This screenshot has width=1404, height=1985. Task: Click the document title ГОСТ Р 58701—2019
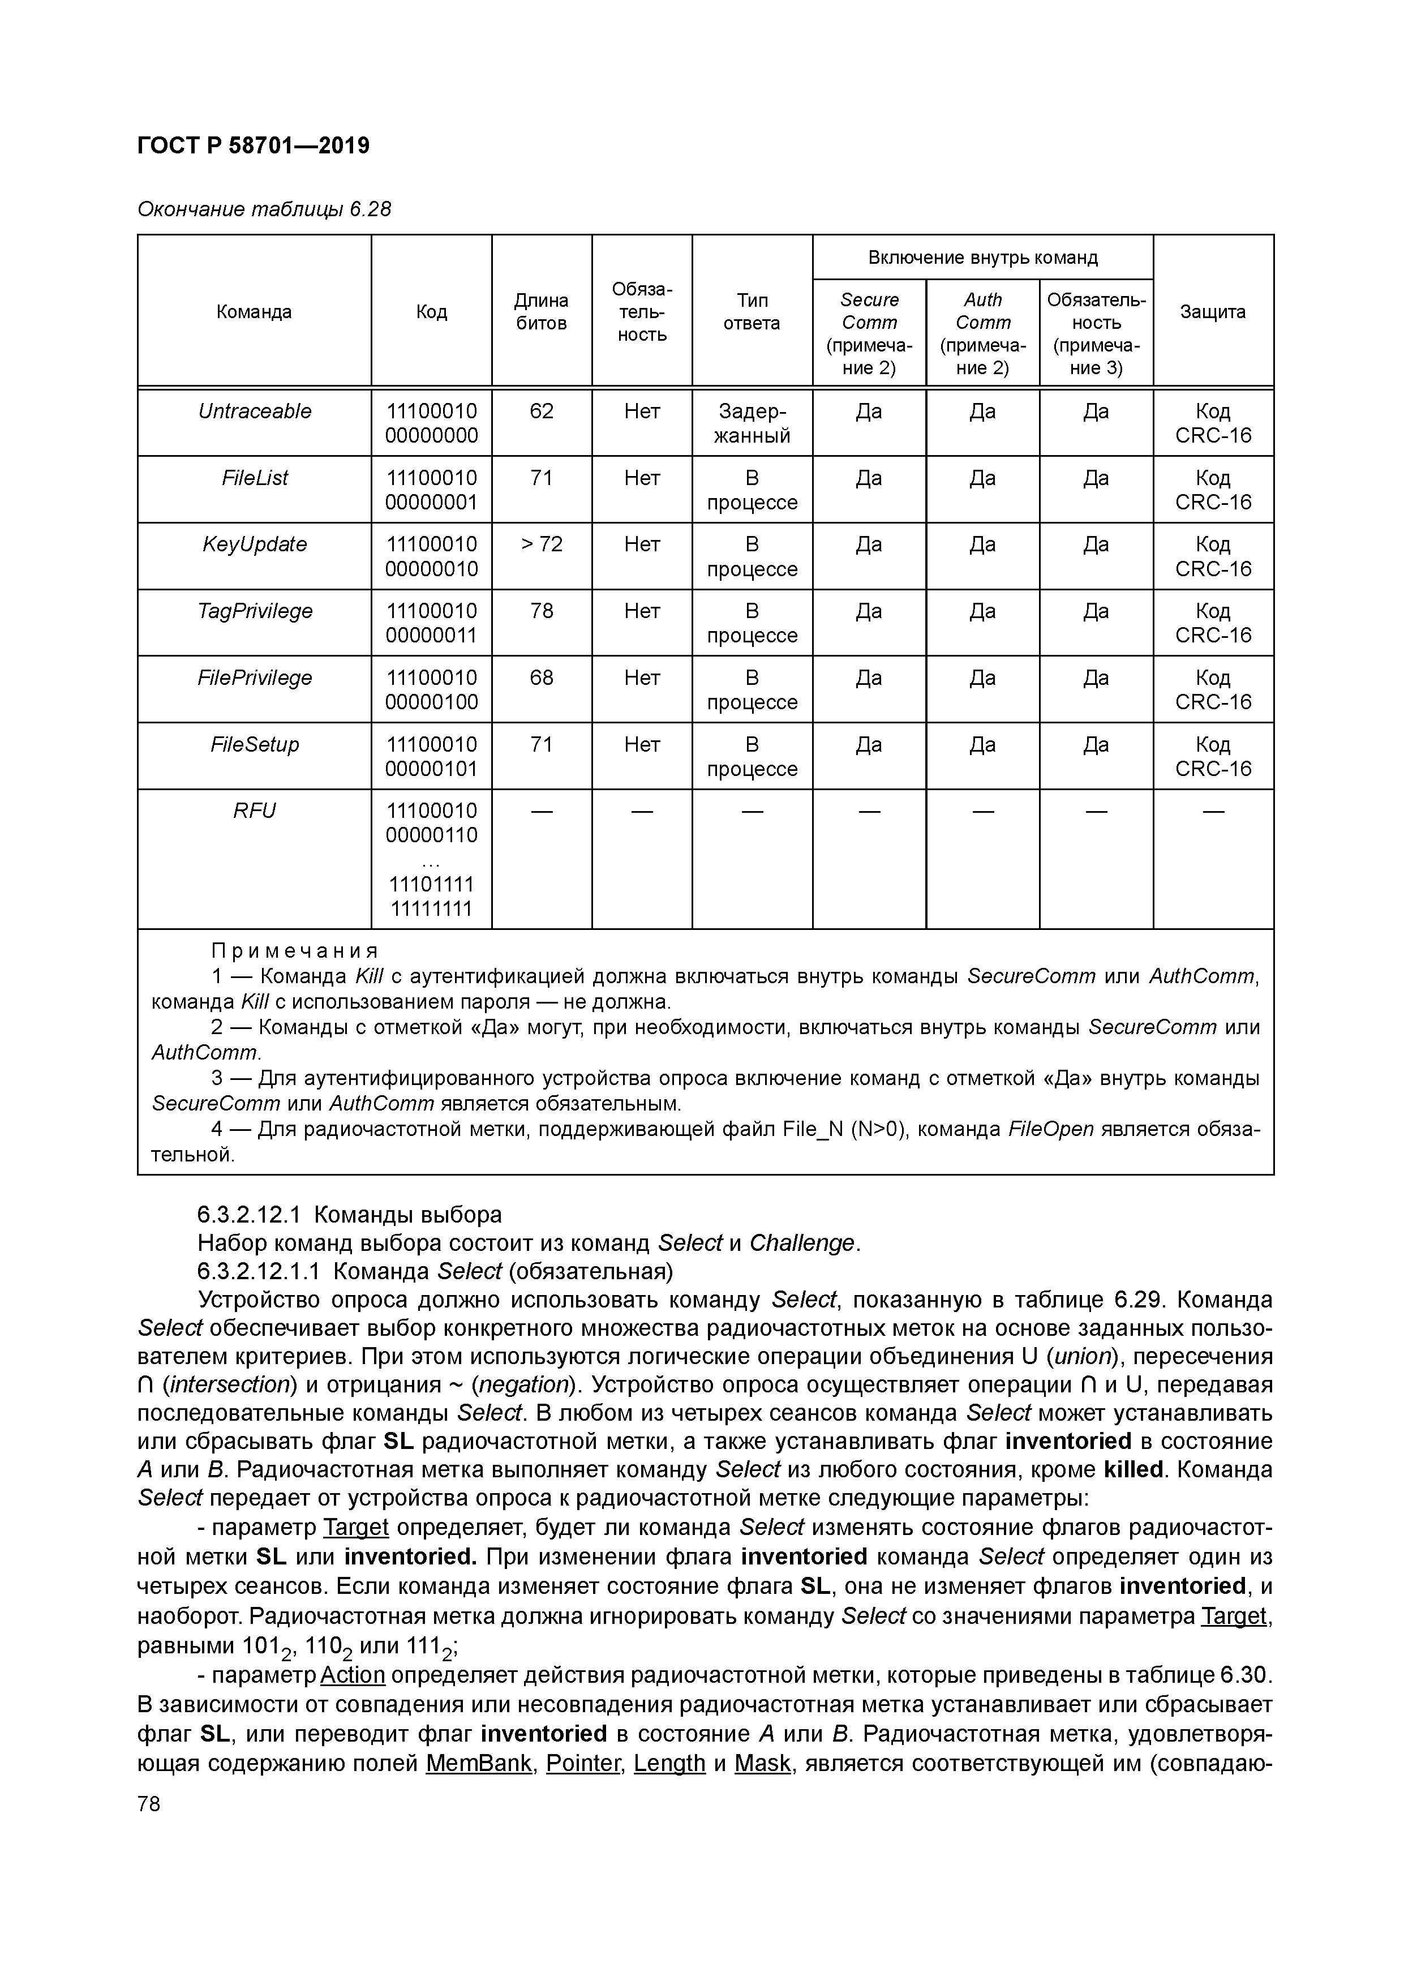(254, 145)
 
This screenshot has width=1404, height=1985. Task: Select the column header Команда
(254, 312)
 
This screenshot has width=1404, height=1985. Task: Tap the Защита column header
(1212, 312)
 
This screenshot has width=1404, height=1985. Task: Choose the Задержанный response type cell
(752, 423)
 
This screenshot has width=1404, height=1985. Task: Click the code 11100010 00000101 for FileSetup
(431, 757)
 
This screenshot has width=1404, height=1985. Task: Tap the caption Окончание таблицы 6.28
(264, 209)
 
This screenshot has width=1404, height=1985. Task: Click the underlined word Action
(352, 1675)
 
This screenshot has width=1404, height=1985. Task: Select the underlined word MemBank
(479, 1763)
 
